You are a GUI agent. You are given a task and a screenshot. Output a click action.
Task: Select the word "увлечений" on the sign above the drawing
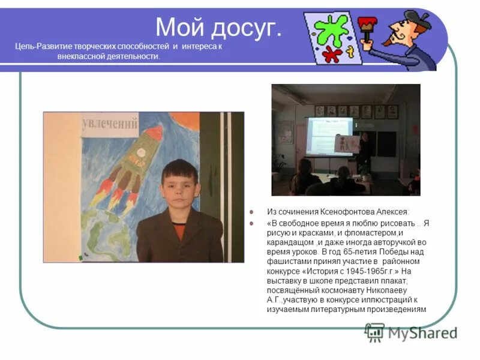click(110, 124)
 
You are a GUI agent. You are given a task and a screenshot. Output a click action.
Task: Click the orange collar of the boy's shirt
click(179, 230)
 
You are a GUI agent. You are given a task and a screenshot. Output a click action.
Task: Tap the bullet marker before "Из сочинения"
click(253, 212)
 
